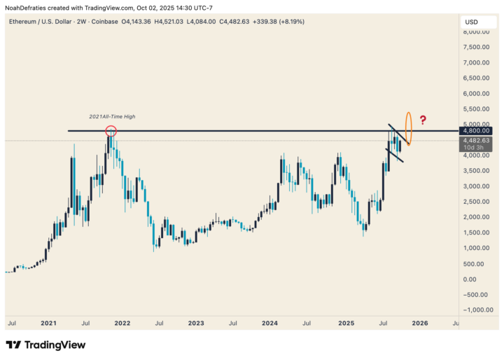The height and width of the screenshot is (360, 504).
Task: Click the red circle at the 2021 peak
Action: coord(111,131)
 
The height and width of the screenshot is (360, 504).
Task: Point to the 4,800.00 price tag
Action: coord(476,130)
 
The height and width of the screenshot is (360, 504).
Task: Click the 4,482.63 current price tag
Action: coord(476,141)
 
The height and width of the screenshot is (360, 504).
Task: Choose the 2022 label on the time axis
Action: coord(122,324)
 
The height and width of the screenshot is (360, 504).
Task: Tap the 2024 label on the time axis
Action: coord(269,324)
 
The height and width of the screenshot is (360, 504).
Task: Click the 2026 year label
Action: coord(419,324)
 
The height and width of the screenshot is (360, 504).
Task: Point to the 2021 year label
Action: coord(48,324)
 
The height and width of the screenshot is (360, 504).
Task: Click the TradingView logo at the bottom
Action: coord(45,345)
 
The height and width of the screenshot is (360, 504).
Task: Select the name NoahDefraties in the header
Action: coord(29,8)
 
